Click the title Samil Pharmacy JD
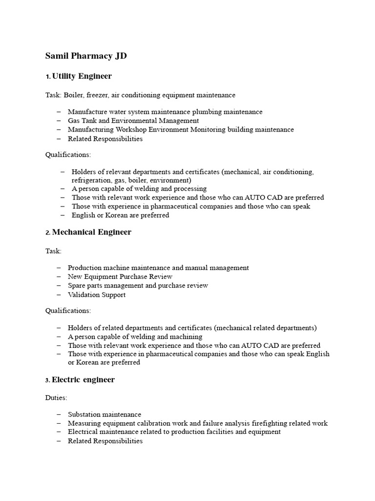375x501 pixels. pyautogui.click(x=86, y=56)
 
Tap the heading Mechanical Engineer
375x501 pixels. pyautogui.click(x=91, y=232)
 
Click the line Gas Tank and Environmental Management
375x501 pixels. pyautogui.click(x=133, y=120)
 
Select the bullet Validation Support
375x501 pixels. pyautogui.click(x=96, y=295)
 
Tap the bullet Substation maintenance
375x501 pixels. pyautogui.click(x=104, y=414)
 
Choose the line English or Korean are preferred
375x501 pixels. pyautogui.click(x=120, y=215)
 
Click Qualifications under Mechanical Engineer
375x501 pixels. pyautogui.click(x=68, y=311)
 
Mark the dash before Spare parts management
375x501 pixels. pyautogui.click(x=59, y=285)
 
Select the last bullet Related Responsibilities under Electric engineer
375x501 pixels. pyautogui.click(x=105, y=441)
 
